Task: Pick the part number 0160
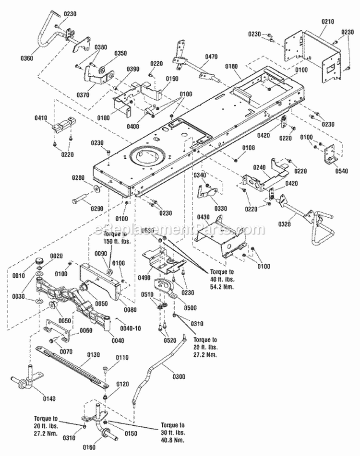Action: click(91, 447)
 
